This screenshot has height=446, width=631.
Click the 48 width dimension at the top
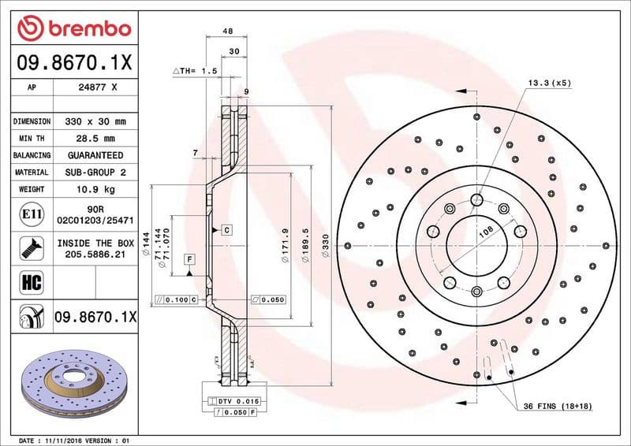(227, 31)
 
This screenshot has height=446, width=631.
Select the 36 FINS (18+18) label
(558, 406)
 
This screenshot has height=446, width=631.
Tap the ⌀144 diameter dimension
(146, 247)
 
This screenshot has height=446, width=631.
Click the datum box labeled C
(226, 230)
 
